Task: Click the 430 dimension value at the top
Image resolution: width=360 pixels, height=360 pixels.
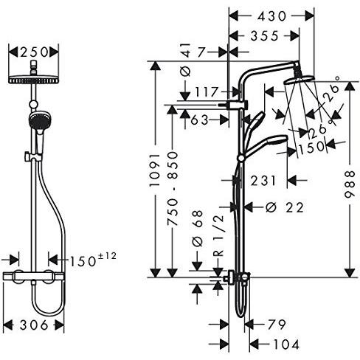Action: pyautogui.click(x=271, y=16)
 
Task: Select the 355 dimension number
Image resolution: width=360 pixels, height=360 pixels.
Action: pyautogui.click(x=265, y=36)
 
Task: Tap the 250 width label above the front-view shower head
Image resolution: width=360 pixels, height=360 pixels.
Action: pyautogui.click(x=34, y=52)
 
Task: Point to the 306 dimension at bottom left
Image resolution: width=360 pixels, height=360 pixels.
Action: pyautogui.click(x=34, y=325)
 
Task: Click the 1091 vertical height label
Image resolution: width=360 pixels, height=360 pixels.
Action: pyautogui.click(x=156, y=170)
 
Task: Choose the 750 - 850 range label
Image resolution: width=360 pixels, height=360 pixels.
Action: pyautogui.click(x=173, y=189)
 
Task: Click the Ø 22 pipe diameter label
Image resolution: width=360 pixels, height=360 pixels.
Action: pyautogui.click(x=285, y=207)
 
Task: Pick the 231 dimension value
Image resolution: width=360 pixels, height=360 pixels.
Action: pyautogui.click(x=263, y=181)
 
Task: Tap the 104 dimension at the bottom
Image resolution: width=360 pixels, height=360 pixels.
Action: pyautogui.click(x=286, y=345)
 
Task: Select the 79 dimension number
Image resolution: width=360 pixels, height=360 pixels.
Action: pyautogui.click(x=277, y=325)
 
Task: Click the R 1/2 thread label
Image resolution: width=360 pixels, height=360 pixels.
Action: pyautogui.click(x=218, y=235)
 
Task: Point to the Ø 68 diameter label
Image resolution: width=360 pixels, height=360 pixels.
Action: pyautogui.click(x=198, y=228)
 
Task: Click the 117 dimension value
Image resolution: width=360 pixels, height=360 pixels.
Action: pyautogui.click(x=207, y=92)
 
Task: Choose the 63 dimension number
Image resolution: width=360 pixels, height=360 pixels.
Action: pyautogui.click(x=199, y=120)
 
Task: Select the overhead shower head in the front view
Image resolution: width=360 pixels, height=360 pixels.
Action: pyautogui.click(x=34, y=80)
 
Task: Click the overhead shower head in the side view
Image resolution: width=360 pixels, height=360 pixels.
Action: pyautogui.click(x=299, y=80)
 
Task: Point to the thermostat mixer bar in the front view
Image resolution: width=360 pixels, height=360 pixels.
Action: pyautogui.click(x=34, y=277)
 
